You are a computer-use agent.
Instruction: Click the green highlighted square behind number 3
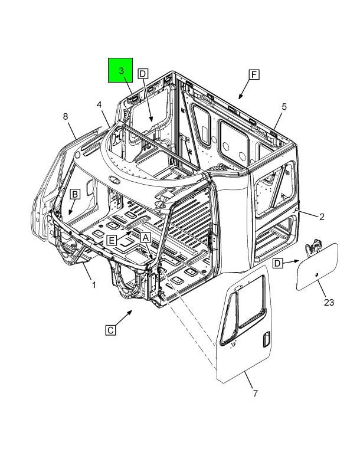[120, 70]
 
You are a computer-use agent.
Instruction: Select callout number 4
[99, 105]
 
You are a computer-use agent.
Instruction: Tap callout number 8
[66, 117]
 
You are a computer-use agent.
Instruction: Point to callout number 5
[284, 107]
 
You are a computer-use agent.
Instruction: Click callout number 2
[322, 217]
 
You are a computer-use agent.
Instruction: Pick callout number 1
[94, 285]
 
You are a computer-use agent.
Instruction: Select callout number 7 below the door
[255, 393]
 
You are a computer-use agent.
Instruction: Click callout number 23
[329, 302]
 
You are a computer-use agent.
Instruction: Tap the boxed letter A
[146, 237]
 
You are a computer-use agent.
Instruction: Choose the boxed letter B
[75, 195]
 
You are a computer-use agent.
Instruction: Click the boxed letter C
[110, 330]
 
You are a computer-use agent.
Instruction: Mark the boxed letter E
[112, 240]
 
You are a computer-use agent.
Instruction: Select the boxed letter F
[254, 75]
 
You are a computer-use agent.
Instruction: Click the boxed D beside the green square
[143, 74]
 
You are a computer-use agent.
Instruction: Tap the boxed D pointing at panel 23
[277, 263]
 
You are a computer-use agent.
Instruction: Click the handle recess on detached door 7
[266, 339]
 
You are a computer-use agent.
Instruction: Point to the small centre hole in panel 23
[317, 275]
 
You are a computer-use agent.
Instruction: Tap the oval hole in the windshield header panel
[114, 179]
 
